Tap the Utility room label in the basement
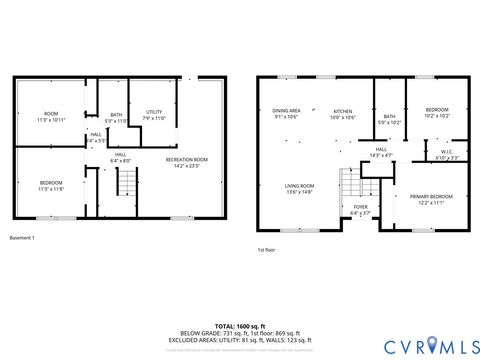(154, 115)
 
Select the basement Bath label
(116, 117)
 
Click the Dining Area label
(286, 114)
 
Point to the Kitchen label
(343, 114)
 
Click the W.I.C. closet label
(447, 155)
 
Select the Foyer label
(360, 210)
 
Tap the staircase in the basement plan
(126, 182)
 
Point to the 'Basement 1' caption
(22, 238)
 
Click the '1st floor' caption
(266, 249)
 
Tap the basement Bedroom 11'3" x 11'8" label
(51, 186)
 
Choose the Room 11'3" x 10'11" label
(51, 117)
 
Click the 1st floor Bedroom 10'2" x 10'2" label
(437, 112)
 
